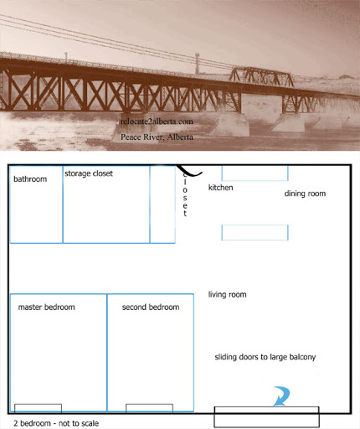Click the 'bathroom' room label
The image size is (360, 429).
[x=30, y=179]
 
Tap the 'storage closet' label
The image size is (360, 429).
[x=89, y=173]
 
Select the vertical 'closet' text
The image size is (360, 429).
[x=185, y=194]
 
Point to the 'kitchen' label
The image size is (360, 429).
[x=220, y=188]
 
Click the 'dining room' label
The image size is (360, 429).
[x=305, y=194]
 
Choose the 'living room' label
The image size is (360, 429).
[x=227, y=295]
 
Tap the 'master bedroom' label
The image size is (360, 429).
[x=46, y=308]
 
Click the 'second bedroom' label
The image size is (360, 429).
[x=151, y=308]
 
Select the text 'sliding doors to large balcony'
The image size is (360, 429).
[x=265, y=357]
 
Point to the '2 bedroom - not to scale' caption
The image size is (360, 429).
[x=56, y=423]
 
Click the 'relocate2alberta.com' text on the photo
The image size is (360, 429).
[x=157, y=121]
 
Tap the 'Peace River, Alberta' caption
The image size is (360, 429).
[x=157, y=137]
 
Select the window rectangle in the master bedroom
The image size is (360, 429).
[x=38, y=408]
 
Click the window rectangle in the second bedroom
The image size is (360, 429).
[x=149, y=408]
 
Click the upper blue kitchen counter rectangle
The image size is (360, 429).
[x=255, y=173]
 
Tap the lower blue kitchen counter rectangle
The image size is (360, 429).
[x=255, y=232]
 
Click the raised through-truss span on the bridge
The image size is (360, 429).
[x=261, y=76]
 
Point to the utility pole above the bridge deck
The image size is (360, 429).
[x=198, y=63]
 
